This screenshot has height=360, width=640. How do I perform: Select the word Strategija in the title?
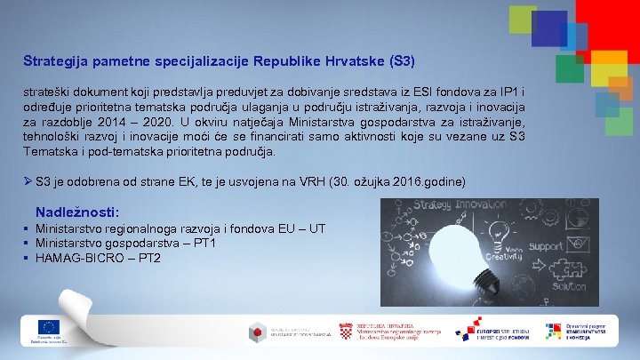pos(52,63)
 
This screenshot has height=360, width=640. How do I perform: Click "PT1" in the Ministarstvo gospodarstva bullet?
pos(204,244)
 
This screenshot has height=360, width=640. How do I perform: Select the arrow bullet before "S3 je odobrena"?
pos(28,181)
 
